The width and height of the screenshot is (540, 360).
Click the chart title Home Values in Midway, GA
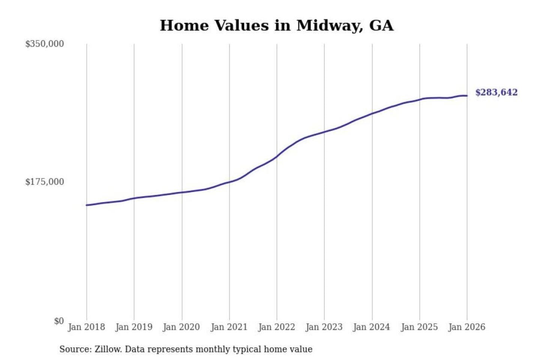click(x=276, y=25)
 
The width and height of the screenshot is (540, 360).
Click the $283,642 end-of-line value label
click(x=496, y=92)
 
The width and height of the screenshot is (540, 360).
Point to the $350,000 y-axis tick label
click(x=44, y=44)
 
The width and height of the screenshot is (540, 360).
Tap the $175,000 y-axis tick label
click(x=44, y=182)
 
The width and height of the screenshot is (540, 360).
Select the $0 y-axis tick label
click(x=59, y=321)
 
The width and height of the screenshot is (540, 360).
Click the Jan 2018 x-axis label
click(x=86, y=327)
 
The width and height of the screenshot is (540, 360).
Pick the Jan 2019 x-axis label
click(x=134, y=327)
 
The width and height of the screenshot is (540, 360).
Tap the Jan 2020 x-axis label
click(x=181, y=327)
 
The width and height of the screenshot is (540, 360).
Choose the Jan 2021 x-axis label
click(x=229, y=327)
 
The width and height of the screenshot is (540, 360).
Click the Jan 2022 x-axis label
click(x=277, y=327)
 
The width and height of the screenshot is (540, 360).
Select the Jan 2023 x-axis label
click(x=324, y=327)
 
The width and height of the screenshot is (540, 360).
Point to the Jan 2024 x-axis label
click(x=372, y=327)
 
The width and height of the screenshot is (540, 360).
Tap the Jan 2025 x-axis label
click(x=419, y=327)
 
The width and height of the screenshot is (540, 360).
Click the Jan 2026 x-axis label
click(x=467, y=327)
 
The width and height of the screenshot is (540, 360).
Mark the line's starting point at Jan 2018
click(x=87, y=205)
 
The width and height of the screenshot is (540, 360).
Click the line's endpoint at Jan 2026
click(x=467, y=96)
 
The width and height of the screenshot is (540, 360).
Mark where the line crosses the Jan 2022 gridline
click(x=277, y=156)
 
